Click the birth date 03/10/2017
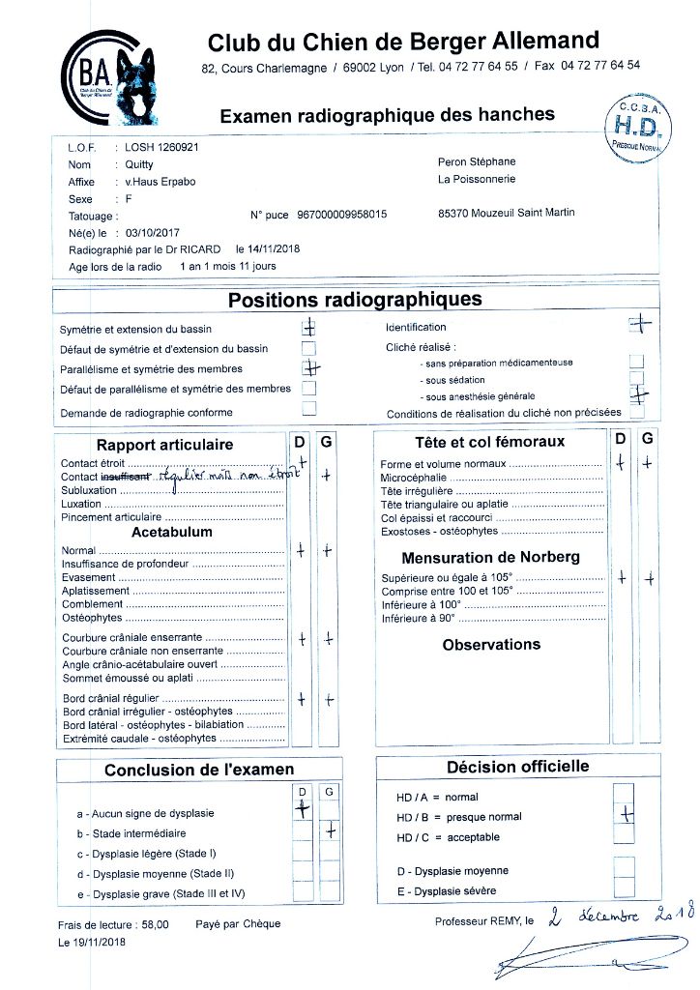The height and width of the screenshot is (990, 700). [x=147, y=233]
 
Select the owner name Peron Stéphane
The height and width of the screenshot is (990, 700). [x=478, y=161]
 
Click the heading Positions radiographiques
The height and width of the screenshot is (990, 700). [x=355, y=300]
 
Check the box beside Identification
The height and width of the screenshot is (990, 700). [x=639, y=326]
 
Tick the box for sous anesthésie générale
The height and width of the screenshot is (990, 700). [x=636, y=393]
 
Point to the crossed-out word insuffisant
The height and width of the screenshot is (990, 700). [x=125, y=477]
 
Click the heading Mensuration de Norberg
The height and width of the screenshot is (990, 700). [x=491, y=558]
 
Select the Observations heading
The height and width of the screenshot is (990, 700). [x=491, y=645]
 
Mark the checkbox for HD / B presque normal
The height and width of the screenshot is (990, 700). [x=625, y=814]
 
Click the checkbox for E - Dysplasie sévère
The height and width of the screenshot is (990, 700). [x=625, y=888]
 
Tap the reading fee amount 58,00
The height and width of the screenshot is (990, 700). [x=154, y=924]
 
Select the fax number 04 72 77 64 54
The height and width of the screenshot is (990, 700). [x=600, y=67]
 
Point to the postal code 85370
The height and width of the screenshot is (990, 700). [x=455, y=215]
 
